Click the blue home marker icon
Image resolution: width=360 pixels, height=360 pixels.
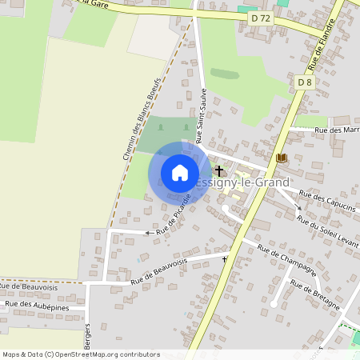[180, 173]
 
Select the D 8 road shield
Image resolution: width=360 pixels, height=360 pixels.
[305, 82]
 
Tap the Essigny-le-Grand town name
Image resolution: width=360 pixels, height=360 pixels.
[243, 182]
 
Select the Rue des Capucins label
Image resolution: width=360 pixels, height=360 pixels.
[329, 200]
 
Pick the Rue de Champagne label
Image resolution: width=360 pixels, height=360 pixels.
[287, 261]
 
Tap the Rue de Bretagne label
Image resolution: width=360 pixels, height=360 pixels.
[315, 295]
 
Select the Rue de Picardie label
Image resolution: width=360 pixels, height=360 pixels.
[174, 214]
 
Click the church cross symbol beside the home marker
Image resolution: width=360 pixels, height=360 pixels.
[219, 170]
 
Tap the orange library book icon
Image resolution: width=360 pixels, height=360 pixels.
[281, 158]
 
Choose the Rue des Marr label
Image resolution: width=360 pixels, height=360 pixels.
[338, 130]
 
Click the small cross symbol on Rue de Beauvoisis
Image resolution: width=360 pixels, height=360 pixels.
[225, 259]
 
